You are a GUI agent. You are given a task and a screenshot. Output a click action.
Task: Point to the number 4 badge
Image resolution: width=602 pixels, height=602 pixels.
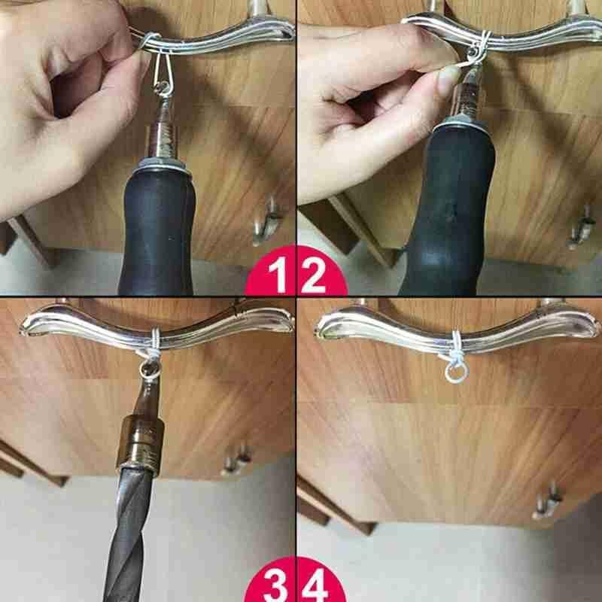[316, 584]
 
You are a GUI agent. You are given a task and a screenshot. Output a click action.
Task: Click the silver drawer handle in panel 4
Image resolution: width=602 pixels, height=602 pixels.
[451, 324]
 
